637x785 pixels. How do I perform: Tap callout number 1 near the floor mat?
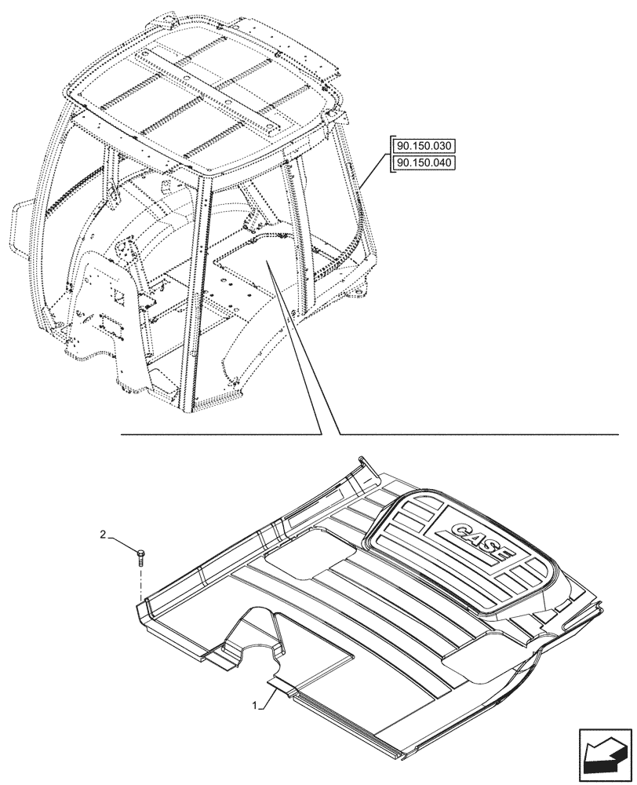click(255, 706)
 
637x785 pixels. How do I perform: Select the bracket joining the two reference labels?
click(389, 155)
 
